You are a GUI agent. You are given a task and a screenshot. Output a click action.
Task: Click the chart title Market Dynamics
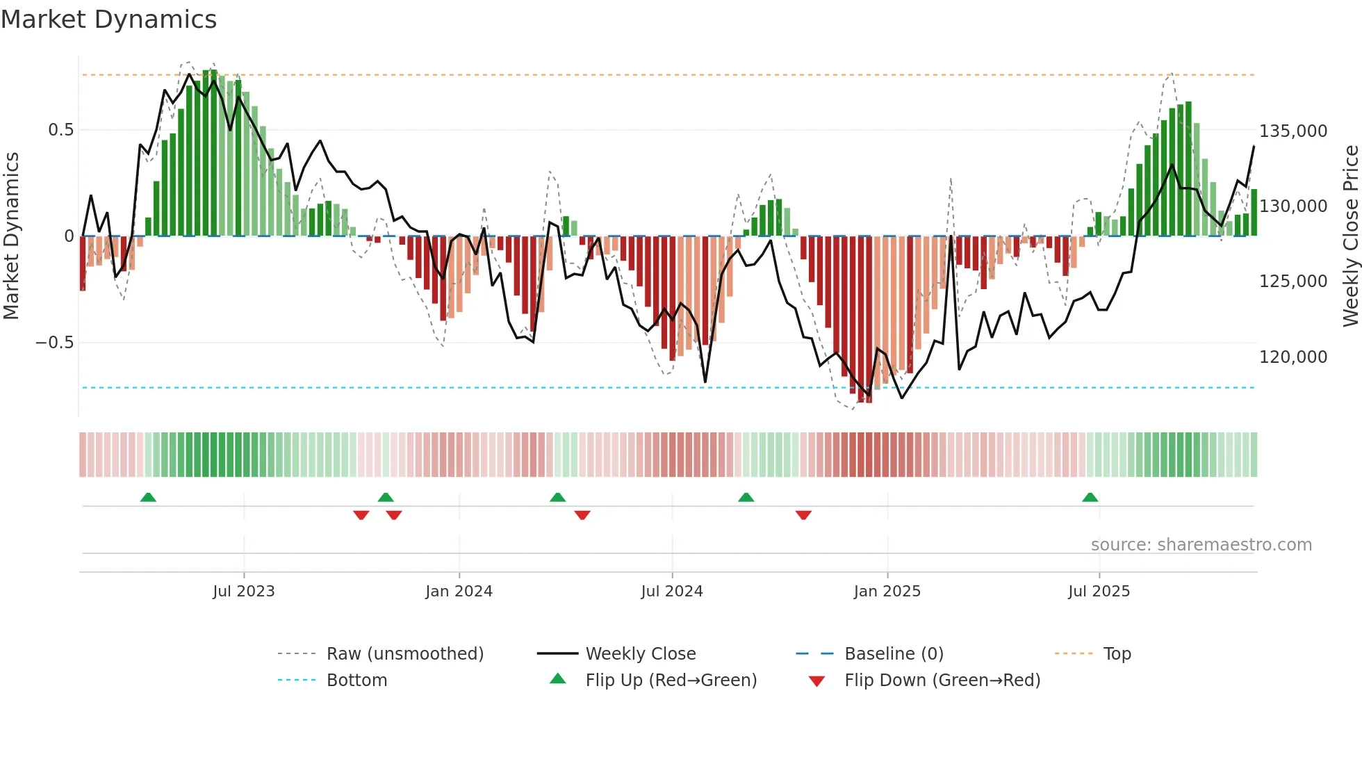pos(108,19)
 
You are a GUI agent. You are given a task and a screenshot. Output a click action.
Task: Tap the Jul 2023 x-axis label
pos(244,592)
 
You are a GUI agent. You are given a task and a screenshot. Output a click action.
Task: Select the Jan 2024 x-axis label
pos(459,592)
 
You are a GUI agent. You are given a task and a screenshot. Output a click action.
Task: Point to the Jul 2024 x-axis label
pos(672,592)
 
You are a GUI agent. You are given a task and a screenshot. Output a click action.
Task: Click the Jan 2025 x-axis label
pos(887,592)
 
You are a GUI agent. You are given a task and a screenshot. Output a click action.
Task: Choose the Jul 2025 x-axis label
pos(1099,592)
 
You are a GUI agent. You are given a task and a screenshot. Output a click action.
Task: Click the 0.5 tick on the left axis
pos(60,130)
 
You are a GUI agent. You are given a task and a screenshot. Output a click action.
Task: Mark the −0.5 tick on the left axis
pos(54,343)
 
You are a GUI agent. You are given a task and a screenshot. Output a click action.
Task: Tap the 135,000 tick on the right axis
pos(1293,131)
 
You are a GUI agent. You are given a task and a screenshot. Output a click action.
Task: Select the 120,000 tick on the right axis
pos(1293,357)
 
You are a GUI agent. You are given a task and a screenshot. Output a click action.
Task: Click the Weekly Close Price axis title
pos(1350,236)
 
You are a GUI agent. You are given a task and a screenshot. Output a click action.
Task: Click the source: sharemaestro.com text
pos(1201,545)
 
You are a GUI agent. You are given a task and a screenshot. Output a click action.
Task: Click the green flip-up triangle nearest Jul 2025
pos(1090,497)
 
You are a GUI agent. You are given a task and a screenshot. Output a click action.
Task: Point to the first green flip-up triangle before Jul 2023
pos(148,497)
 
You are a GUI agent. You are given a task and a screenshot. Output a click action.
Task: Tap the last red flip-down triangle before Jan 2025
pos(803,515)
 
